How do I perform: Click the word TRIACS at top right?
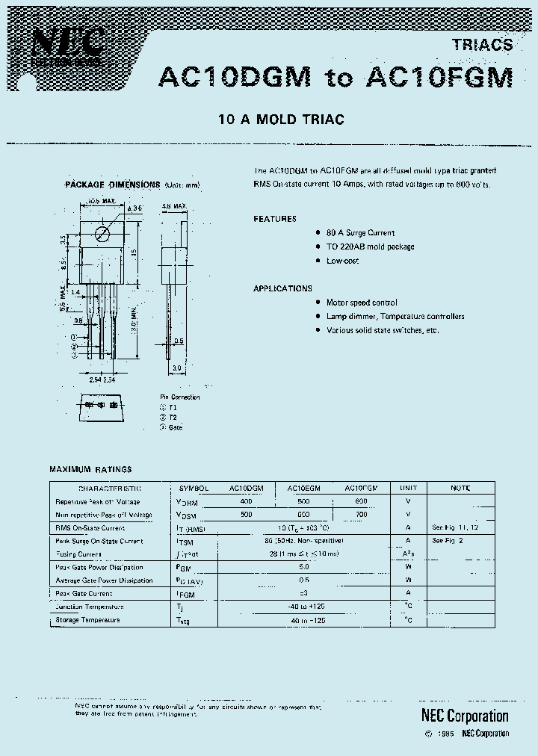(482, 45)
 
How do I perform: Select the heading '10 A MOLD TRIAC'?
(280, 120)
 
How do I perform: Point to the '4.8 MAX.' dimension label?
(174, 205)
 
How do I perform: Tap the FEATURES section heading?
(274, 219)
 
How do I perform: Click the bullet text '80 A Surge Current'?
(360, 233)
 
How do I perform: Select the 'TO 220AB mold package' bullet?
(370, 247)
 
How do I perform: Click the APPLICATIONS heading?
(282, 288)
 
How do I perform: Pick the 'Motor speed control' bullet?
(362, 303)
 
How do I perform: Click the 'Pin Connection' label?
(179, 397)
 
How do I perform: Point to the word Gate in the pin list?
(176, 427)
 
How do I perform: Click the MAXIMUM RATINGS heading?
(90, 469)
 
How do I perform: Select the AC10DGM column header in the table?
(246, 488)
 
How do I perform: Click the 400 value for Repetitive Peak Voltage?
(246, 501)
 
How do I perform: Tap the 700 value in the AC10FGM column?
(361, 515)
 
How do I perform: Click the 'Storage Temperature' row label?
(87, 620)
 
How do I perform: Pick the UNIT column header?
(408, 488)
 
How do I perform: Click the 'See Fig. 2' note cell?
(448, 540)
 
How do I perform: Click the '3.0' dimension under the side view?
(176, 368)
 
